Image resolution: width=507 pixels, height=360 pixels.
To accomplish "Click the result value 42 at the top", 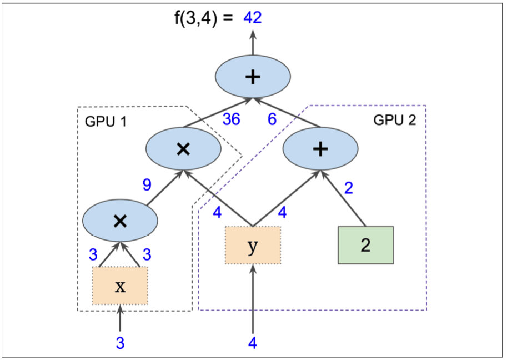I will coord(252,18).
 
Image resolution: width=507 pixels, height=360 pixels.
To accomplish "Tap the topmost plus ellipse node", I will coord(253,77).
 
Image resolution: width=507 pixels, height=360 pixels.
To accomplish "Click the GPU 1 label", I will coord(106,122).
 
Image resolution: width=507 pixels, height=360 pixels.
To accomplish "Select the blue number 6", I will coord(272,119).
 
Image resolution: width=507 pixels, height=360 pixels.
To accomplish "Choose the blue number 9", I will coord(147,185).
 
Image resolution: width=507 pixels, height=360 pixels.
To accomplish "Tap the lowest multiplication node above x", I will coord(119,221).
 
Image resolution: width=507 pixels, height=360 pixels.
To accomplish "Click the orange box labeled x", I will coord(120,286).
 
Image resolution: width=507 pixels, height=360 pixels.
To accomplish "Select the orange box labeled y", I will coord(253,246).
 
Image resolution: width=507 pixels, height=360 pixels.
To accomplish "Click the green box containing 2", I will coord(365,245).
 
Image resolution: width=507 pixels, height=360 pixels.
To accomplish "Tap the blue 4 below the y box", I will coord(253,343).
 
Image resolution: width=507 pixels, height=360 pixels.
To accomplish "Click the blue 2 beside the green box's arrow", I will coord(348,188).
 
